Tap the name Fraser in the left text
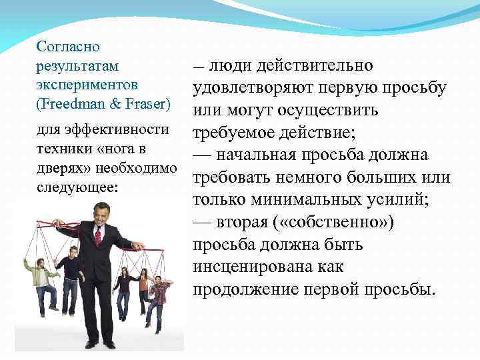point(147,105)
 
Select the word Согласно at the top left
point(69,47)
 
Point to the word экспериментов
point(87,85)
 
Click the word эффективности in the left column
point(125,129)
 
